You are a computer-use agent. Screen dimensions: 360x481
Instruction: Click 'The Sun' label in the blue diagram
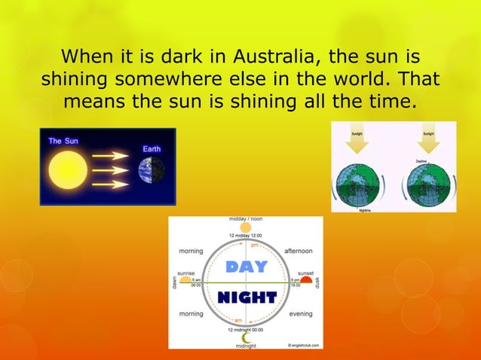[x=64, y=141]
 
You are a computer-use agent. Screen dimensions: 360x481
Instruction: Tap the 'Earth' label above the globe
[x=152, y=149]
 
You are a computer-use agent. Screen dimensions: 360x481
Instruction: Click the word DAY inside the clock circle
[x=246, y=267]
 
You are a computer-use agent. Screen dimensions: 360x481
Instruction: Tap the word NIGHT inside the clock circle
[x=246, y=297]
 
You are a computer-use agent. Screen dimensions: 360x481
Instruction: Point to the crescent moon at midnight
[x=246, y=338]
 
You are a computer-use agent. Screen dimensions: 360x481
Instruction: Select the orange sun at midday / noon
[x=246, y=227]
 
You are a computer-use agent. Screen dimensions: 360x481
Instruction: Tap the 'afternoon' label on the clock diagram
[x=299, y=251]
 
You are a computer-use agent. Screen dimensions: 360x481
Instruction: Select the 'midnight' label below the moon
[x=246, y=346]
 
